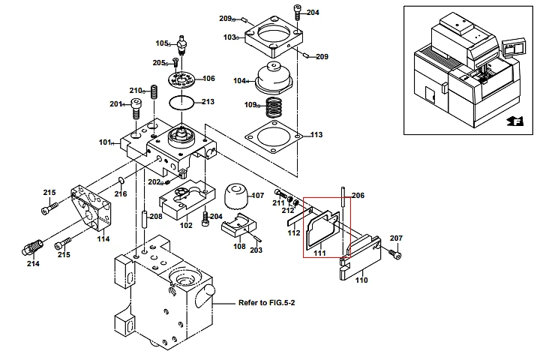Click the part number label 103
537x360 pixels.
click(x=229, y=37)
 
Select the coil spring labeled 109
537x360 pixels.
click(x=274, y=106)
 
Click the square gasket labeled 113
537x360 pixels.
click(x=275, y=135)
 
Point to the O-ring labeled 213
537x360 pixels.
click(x=182, y=101)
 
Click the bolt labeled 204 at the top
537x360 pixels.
click(x=298, y=12)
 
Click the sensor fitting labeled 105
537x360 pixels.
click(x=180, y=40)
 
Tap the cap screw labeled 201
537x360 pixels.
click(x=136, y=107)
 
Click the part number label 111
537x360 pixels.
click(x=319, y=253)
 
